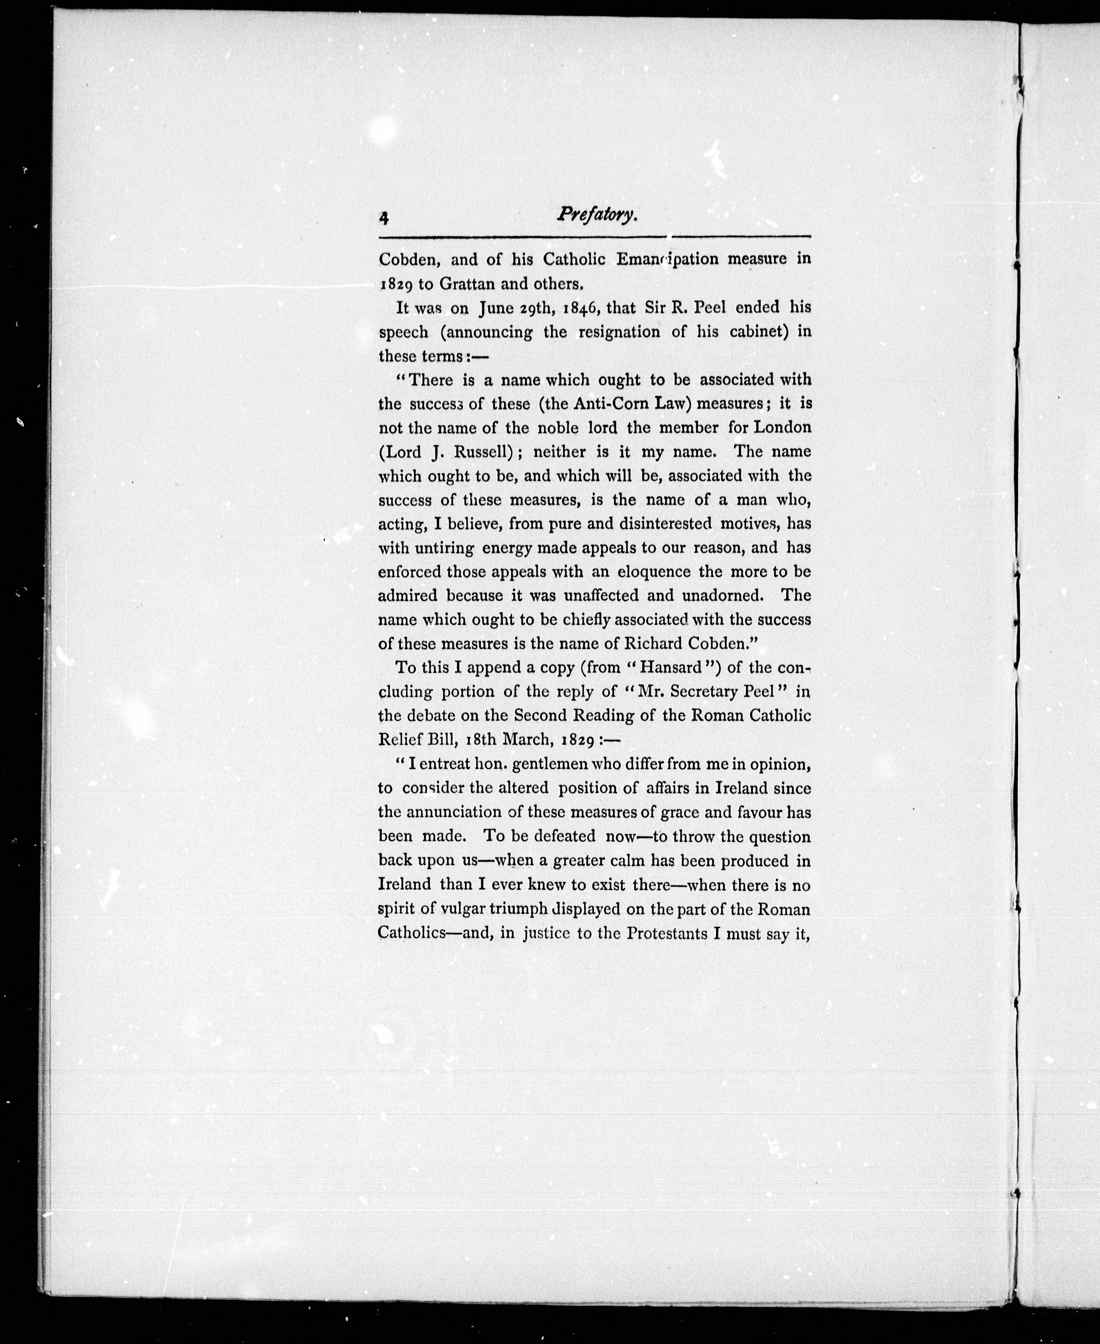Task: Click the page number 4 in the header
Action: point(384,218)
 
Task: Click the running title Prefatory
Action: point(597,215)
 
